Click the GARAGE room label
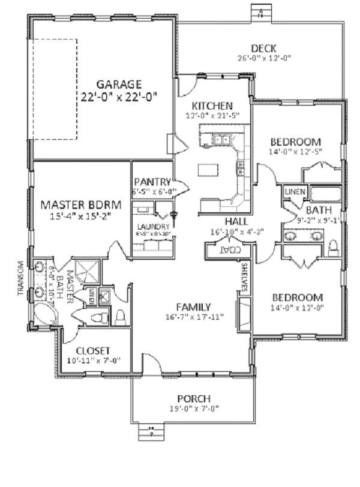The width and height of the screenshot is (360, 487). click(x=120, y=85)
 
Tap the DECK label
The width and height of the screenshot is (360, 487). click(x=263, y=49)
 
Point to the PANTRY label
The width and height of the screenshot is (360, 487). click(x=152, y=181)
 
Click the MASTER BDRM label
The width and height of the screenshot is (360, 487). click(x=82, y=205)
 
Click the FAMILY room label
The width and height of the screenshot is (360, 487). click(x=193, y=307)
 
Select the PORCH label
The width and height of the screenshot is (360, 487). click(x=193, y=399)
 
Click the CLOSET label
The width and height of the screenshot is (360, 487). click(x=92, y=351)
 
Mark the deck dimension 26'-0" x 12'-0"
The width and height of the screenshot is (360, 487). click(x=263, y=58)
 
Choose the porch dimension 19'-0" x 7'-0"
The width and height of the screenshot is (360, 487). click(x=193, y=408)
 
